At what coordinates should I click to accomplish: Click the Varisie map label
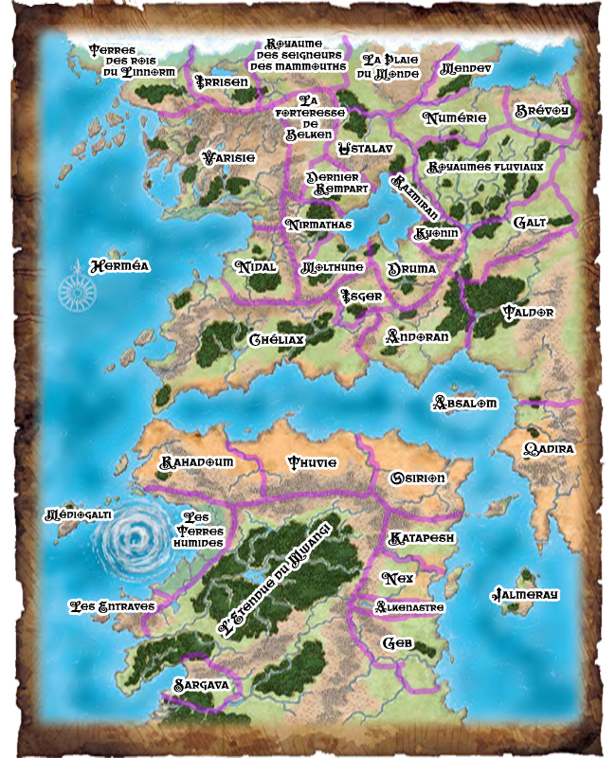(x=228, y=157)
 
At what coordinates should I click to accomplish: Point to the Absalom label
(x=464, y=403)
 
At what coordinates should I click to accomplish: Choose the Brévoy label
(x=542, y=111)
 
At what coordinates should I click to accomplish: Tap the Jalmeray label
(x=524, y=595)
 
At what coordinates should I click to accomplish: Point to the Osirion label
(x=418, y=478)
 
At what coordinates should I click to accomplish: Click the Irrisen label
(x=221, y=82)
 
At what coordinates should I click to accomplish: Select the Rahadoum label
(x=196, y=461)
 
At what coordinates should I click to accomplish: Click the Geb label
(x=396, y=642)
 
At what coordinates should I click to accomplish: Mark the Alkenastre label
(x=409, y=606)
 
